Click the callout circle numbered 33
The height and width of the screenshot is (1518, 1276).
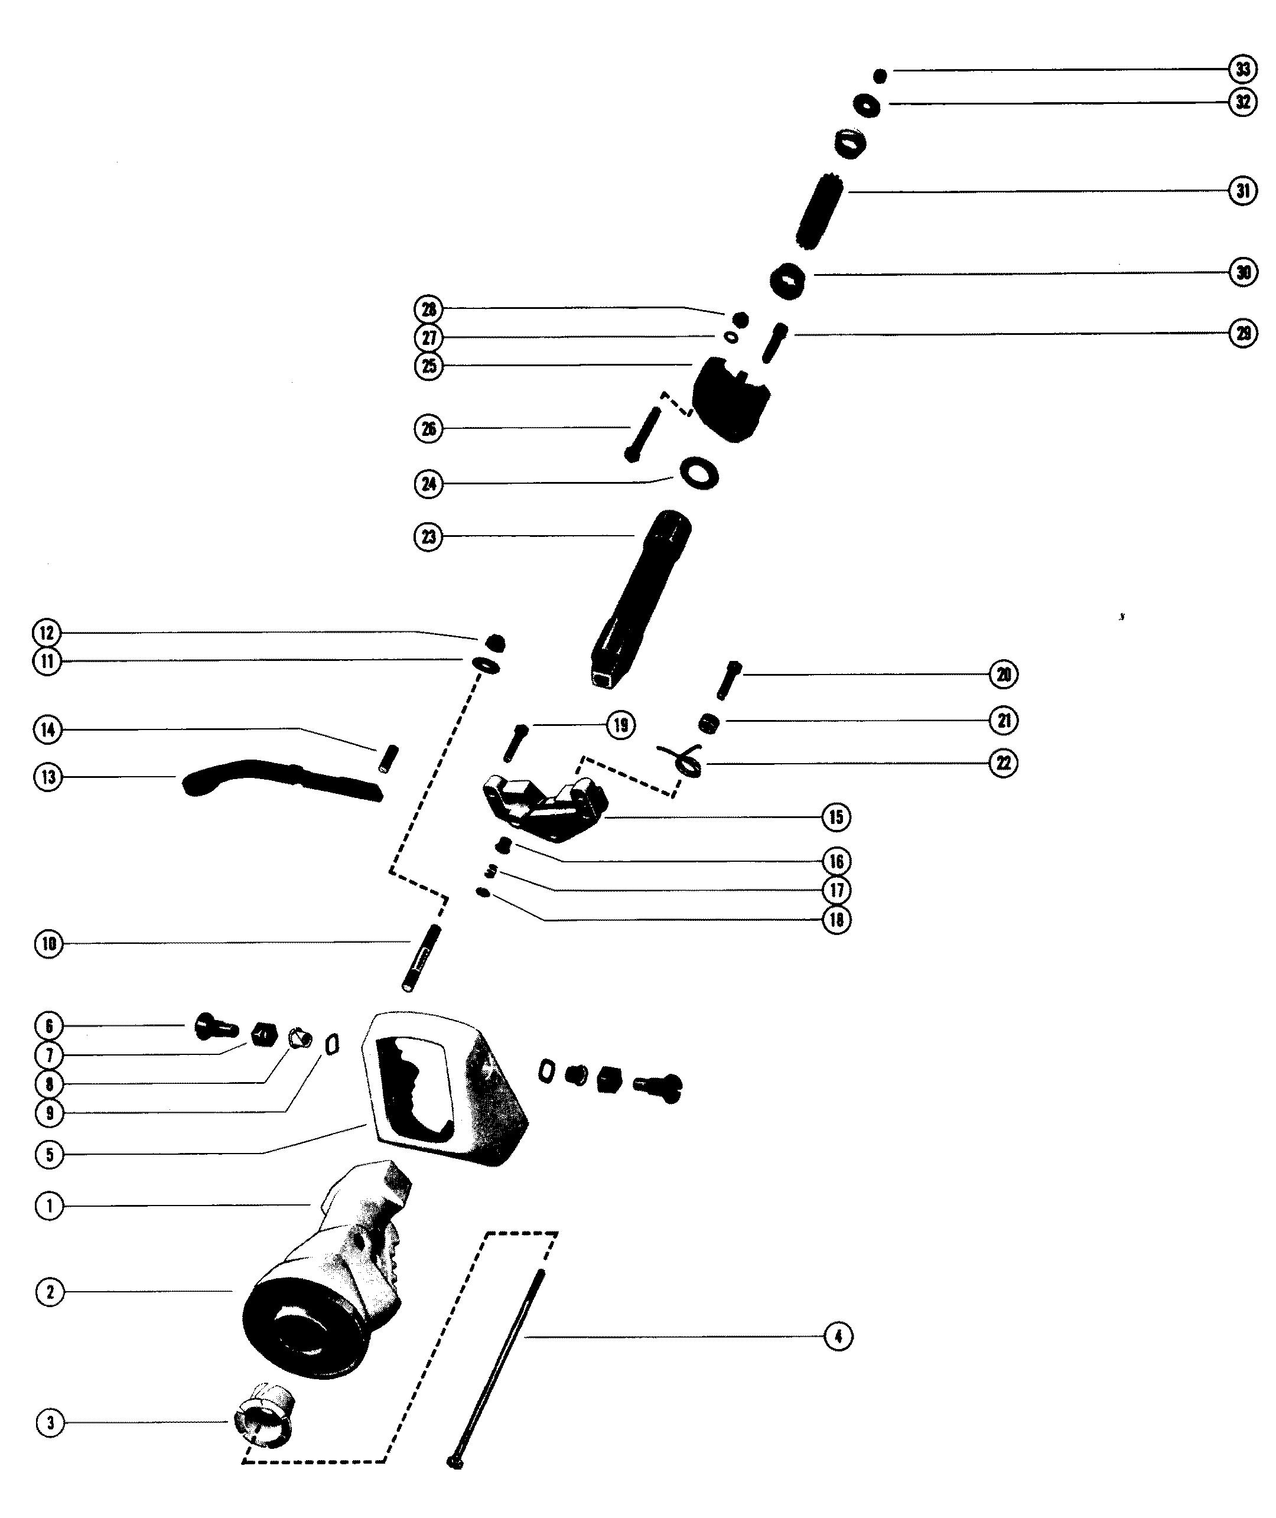pyautogui.click(x=1243, y=70)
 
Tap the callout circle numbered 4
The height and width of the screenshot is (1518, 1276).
pyautogui.click(x=838, y=1337)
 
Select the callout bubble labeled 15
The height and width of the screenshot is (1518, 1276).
pyautogui.click(x=836, y=817)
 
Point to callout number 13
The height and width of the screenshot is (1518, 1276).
pyautogui.click(x=48, y=777)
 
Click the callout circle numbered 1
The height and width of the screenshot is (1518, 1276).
pyautogui.click(x=49, y=1206)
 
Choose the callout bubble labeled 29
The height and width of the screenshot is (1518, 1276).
pyautogui.click(x=1243, y=334)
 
